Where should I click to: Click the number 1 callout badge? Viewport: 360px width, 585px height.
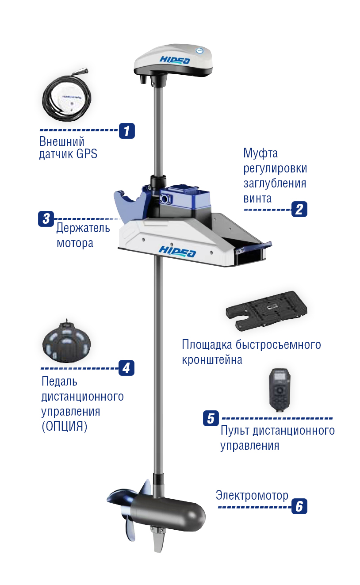point(126,131)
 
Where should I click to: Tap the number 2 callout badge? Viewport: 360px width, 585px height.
point(299,209)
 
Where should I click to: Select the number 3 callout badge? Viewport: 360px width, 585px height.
point(46,218)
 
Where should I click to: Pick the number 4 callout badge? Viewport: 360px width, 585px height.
point(126,368)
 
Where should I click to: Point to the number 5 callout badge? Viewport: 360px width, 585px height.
point(211,418)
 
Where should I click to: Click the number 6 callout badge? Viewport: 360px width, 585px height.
point(299,506)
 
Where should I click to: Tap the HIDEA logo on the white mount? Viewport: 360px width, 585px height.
point(177,251)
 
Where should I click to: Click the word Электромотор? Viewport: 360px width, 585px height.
point(252,495)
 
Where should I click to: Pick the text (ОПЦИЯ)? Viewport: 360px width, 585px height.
point(64,426)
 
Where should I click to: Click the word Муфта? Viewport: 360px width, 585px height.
point(260,153)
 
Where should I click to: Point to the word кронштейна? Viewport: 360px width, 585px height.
point(212,359)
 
